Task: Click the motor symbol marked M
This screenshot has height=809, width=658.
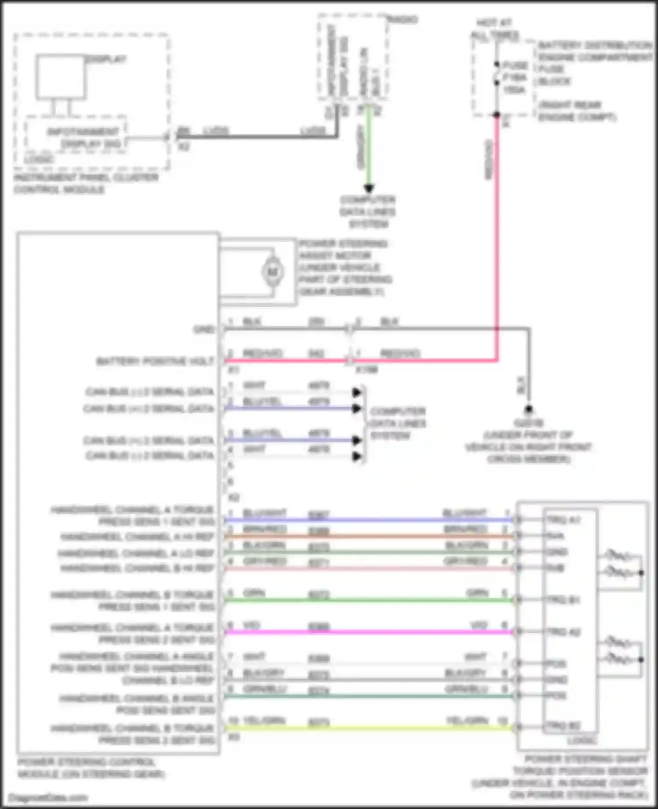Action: pos(272,272)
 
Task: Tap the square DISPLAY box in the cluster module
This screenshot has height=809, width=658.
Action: pos(61,77)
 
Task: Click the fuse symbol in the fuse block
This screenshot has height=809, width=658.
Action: pos(497,77)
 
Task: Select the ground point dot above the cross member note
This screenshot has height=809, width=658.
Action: pos(529,409)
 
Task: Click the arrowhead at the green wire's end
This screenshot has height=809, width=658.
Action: pos(369,188)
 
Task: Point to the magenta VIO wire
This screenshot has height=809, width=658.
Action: pos(368,632)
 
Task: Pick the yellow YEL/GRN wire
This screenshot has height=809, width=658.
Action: pos(368,727)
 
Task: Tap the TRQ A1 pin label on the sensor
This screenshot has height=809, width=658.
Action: pos(563,520)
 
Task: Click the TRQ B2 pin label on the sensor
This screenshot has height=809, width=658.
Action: pos(563,726)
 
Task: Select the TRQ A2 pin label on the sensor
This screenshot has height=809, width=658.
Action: pos(563,632)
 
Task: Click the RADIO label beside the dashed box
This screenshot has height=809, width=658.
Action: pos(403,20)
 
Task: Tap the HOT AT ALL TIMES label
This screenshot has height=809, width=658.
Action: pos(495,29)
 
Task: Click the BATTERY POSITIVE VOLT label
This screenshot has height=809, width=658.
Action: pos(155,361)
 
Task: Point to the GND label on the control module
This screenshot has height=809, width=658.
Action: pos(204,329)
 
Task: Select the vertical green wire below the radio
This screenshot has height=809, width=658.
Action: pos(369,145)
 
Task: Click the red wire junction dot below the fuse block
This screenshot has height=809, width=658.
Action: pos(497,115)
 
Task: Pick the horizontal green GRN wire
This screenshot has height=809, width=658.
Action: pos(368,600)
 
